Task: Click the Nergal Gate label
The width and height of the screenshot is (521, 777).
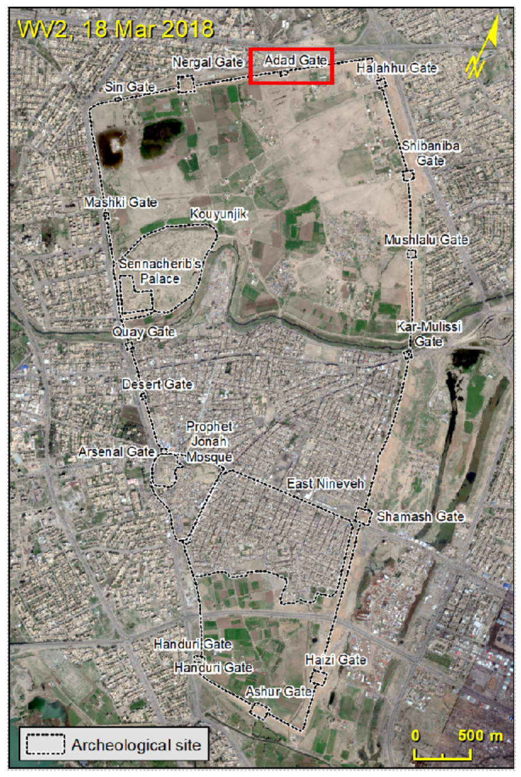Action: point(208,62)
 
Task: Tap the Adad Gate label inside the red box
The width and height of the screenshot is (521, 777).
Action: point(296,60)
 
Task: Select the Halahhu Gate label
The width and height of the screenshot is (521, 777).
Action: point(396,68)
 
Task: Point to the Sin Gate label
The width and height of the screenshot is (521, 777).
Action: point(130,87)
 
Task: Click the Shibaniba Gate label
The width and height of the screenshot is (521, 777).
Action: point(431,153)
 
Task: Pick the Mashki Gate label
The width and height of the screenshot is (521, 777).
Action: point(121,203)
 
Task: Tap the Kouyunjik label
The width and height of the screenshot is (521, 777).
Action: point(219,214)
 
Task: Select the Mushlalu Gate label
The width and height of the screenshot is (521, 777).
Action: point(426,240)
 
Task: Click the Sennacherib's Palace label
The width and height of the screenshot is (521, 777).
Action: point(160,271)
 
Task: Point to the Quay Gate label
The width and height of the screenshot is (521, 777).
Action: point(144,332)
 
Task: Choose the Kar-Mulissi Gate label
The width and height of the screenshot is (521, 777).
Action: point(428,334)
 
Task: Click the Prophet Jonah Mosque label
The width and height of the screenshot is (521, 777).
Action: point(210,442)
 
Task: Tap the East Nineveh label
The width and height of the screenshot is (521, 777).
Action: point(326,484)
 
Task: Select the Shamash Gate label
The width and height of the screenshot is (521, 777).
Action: point(421,517)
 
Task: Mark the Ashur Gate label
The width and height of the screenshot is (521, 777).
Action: point(279,692)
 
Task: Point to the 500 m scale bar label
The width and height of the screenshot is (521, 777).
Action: point(480,735)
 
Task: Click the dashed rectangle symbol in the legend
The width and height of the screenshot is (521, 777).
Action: point(45,744)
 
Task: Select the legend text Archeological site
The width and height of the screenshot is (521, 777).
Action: point(136,745)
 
